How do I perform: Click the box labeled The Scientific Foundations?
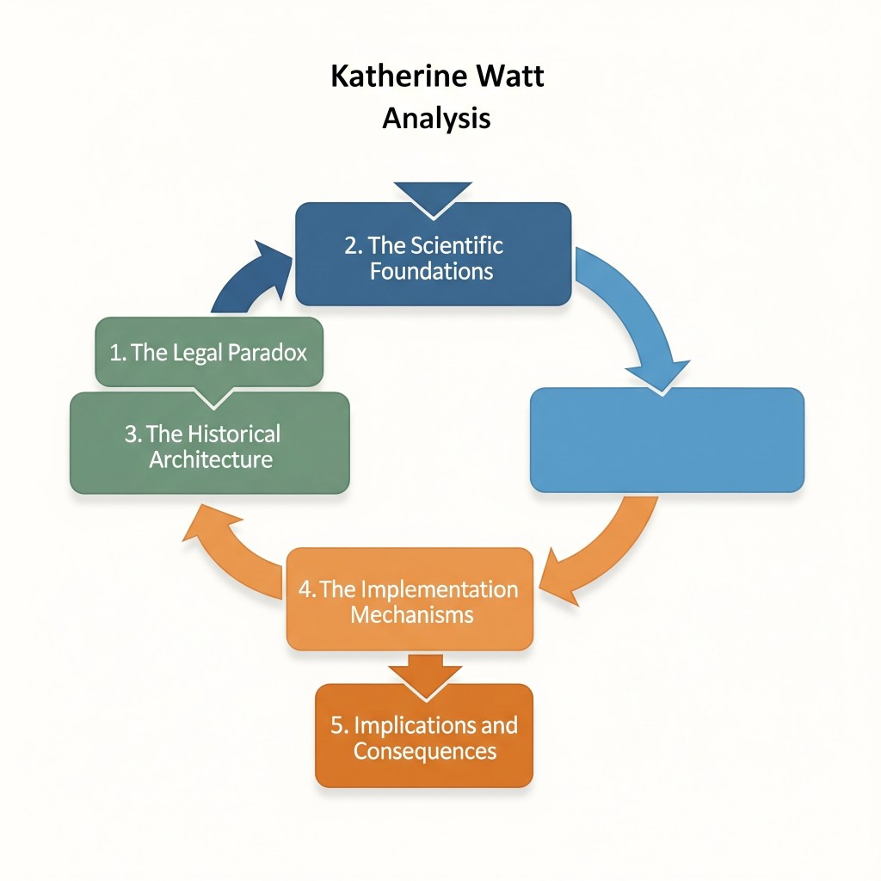(x=433, y=255)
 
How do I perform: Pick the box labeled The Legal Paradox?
(x=209, y=352)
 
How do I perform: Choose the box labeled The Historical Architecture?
(x=209, y=445)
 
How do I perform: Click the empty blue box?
(x=667, y=440)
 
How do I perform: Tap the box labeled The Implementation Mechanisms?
(x=409, y=601)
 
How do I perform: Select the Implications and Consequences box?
(x=424, y=736)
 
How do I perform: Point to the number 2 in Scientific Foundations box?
(x=351, y=245)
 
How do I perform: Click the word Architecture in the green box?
(x=211, y=459)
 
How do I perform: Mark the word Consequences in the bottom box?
(x=425, y=750)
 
